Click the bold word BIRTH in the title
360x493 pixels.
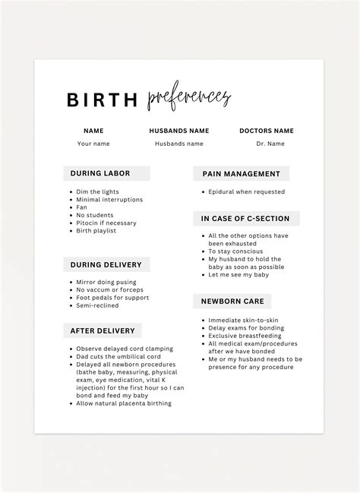point(103,100)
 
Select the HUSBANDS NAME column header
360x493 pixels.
point(179,131)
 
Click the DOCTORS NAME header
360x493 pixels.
point(266,131)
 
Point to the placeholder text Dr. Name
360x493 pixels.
point(270,143)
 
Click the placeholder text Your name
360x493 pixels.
point(93,143)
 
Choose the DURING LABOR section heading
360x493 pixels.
point(100,173)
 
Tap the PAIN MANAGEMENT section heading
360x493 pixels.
point(241,174)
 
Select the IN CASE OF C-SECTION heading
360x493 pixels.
point(245,219)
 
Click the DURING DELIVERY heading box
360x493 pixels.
point(106,265)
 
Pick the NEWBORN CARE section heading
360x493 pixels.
point(232,302)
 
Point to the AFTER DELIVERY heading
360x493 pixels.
point(103,331)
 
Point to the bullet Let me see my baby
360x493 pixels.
point(240,275)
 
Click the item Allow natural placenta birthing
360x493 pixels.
point(125,403)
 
